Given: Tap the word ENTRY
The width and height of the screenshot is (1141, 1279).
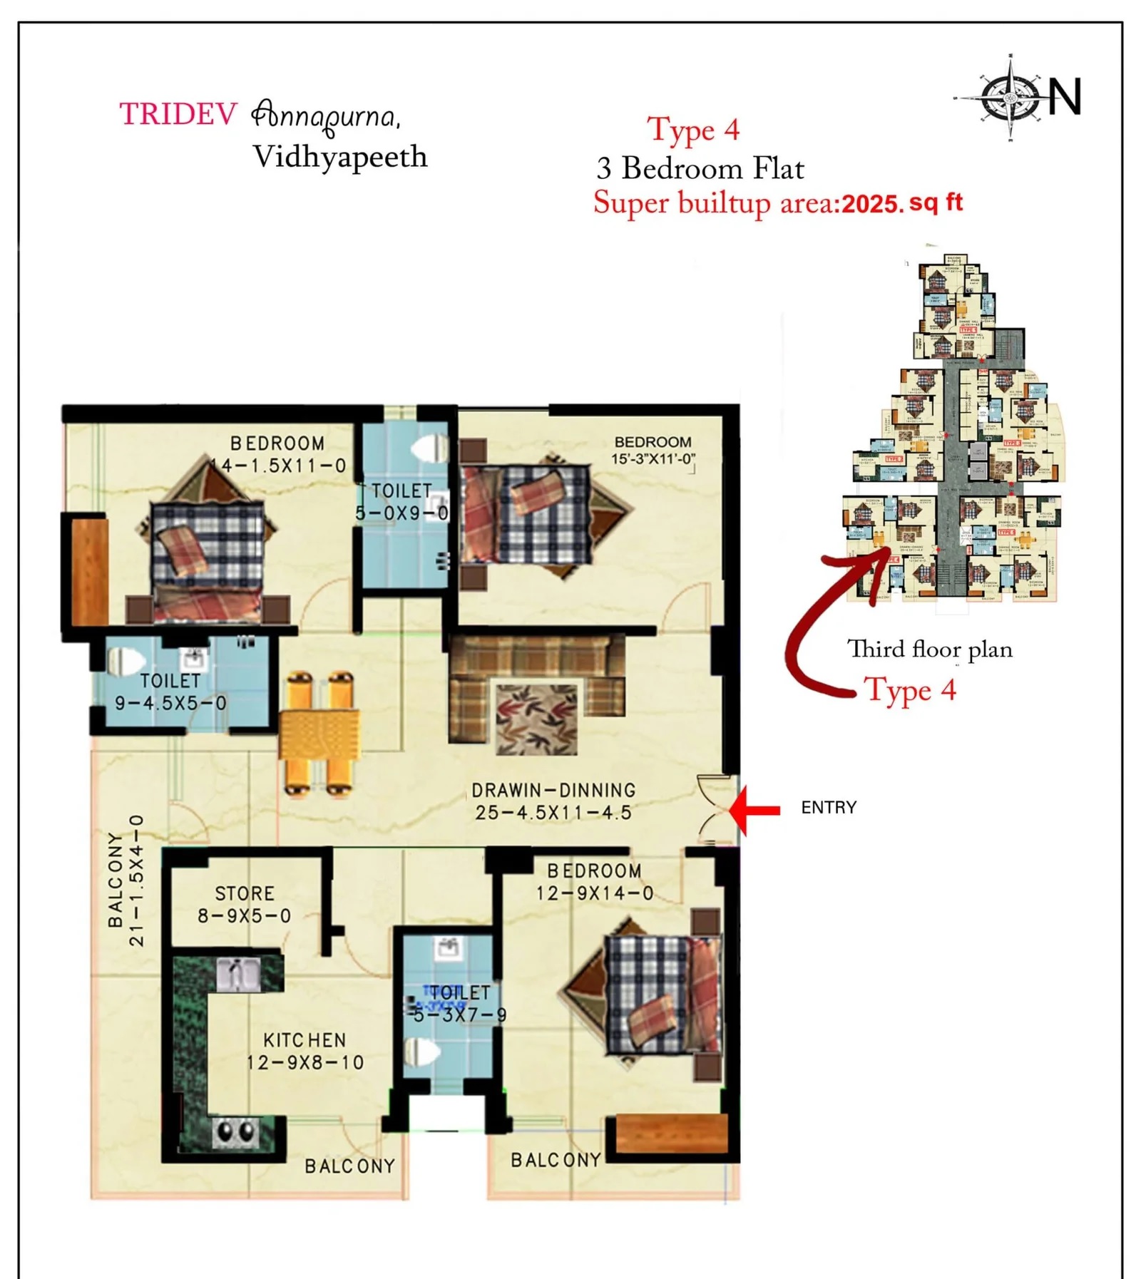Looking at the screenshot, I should pos(828,808).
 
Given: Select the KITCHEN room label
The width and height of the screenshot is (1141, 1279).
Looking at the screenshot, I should pos(305,1040).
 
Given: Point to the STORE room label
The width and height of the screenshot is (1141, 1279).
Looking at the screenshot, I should pos(245,893).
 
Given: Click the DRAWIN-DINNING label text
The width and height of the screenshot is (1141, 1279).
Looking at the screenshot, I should pos(553,790).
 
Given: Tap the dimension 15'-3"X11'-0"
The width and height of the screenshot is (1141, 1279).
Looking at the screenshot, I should pos(653,459).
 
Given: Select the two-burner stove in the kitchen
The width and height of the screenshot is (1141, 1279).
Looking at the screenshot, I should pos(236,1131).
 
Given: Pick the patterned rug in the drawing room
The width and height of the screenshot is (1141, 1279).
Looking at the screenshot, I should pos(537,719).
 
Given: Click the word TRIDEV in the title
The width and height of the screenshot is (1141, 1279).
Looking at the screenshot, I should pos(178,114).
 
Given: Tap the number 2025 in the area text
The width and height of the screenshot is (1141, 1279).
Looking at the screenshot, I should pos(872,205).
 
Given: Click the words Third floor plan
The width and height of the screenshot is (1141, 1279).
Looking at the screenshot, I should pos(929,649).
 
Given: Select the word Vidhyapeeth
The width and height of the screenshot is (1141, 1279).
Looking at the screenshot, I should pos(340,158).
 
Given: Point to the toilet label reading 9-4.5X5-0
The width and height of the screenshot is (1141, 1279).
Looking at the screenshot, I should pos(171,703).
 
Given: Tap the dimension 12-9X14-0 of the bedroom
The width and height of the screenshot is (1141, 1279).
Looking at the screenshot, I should pos(595,893).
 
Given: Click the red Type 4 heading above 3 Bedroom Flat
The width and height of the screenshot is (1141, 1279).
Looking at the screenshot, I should pos(693,130).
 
